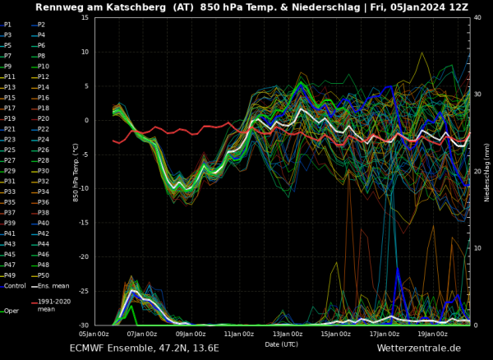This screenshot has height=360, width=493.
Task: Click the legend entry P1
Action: pos(8,25)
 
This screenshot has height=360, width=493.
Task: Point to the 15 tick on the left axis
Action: pos(85,18)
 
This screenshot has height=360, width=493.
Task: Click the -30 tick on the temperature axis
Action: pos(84,325)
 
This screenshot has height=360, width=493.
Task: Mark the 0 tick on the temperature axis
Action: pos(87,121)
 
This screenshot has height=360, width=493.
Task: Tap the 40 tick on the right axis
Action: pos(477,18)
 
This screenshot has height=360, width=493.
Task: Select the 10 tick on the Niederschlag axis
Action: pos(477,249)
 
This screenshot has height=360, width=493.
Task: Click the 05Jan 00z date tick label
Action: pos(94,334)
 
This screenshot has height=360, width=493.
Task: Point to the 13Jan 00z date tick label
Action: pos(288,334)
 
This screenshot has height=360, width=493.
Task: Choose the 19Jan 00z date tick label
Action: pos(433,334)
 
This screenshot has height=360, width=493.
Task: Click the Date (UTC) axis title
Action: pos(282,344)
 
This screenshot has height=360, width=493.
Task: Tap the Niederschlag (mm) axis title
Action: pos(487,172)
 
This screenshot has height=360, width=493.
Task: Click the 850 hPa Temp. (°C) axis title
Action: pos(75,172)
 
